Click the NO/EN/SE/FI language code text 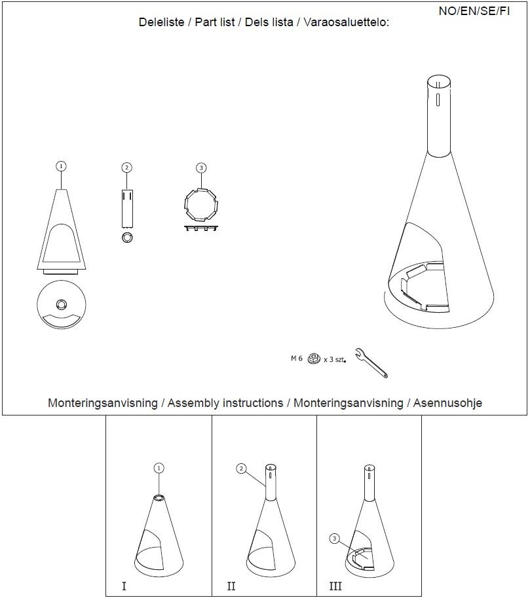click(474, 11)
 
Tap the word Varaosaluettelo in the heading click(346, 22)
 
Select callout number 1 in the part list click(61, 166)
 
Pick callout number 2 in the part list click(127, 168)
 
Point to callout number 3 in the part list click(201, 168)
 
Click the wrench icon click(371, 362)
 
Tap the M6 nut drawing click(314, 359)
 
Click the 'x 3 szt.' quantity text click(335, 360)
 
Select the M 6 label click(297, 359)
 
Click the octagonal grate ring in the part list click(201, 205)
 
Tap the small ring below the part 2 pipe click(127, 238)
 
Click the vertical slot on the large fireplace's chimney click(438, 100)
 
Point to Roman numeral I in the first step click(124, 586)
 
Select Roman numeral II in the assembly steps click(231, 586)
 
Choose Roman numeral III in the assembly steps click(335, 586)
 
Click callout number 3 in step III click(334, 538)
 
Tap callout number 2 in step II click(241, 468)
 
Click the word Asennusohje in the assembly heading click(447, 403)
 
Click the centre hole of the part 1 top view click(61, 305)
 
